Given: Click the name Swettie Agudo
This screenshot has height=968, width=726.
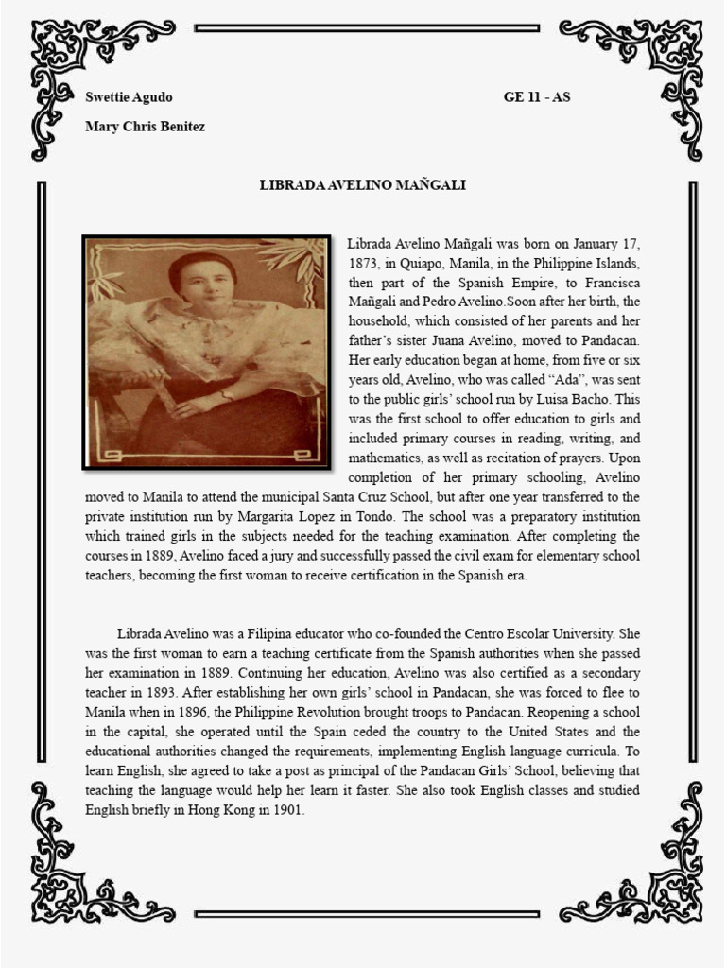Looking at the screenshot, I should (129, 97).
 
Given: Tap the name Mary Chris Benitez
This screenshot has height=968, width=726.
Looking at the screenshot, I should (145, 126).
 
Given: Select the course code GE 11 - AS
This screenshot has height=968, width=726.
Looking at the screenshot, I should (537, 97).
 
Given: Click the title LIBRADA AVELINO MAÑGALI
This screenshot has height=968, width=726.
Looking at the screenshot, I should (363, 185).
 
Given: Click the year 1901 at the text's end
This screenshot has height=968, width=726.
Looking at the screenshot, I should (285, 810).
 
